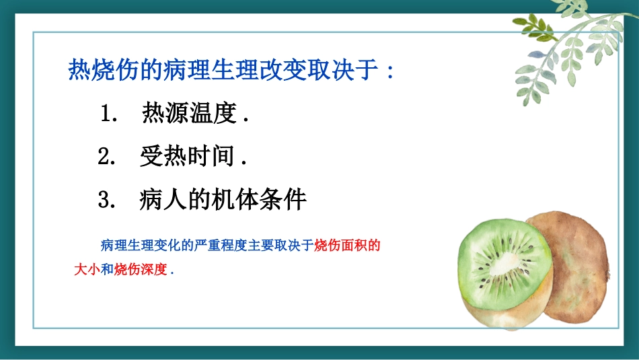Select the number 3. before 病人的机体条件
108,200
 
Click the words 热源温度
190,114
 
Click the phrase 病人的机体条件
223,199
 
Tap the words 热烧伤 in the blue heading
91,70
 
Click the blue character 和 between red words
107,271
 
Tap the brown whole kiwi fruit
578,269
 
